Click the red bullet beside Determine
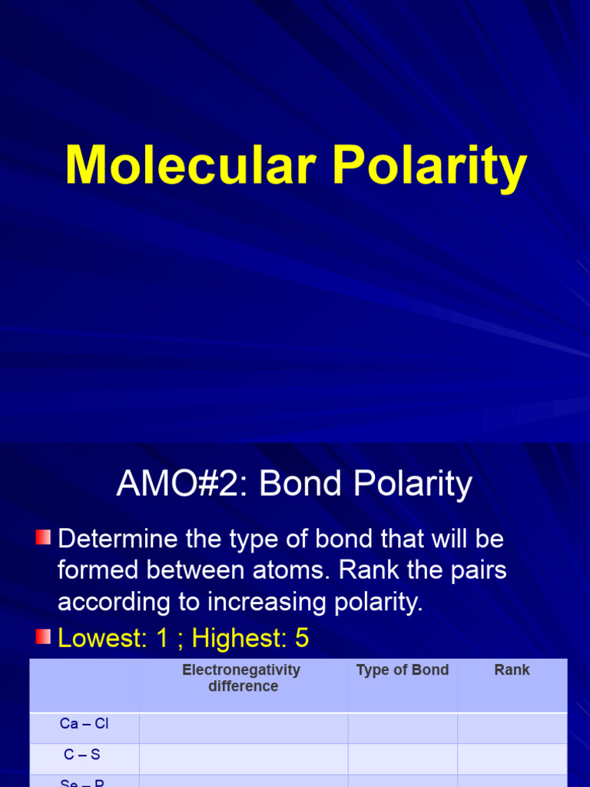tap(43, 537)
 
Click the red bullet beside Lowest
tap(43, 636)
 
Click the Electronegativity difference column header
tap(243, 678)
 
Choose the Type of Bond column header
tap(403, 670)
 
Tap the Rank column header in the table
tap(512, 670)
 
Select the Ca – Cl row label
tap(85, 724)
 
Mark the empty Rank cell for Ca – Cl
tap(512, 727)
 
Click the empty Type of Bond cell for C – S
tap(403, 758)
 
